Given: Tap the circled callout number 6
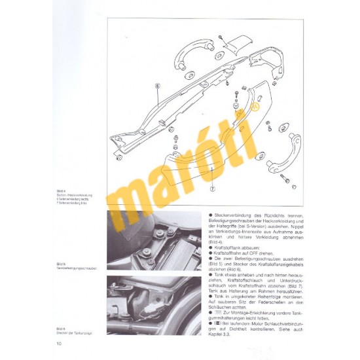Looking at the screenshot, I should (158, 86).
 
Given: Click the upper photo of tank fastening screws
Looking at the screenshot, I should (154, 240).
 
